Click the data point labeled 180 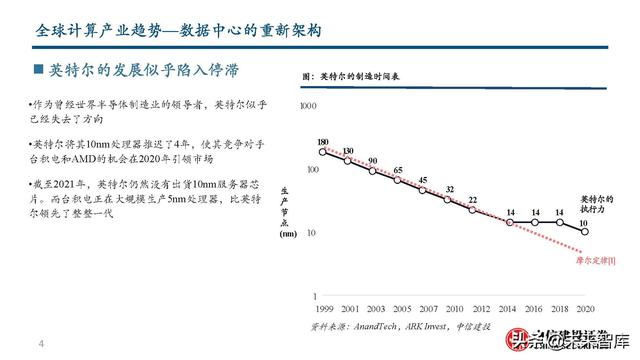(322, 152)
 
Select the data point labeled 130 (348, 161)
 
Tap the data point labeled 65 (398, 179)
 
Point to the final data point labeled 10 (584, 230)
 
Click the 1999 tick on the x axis (322, 308)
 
